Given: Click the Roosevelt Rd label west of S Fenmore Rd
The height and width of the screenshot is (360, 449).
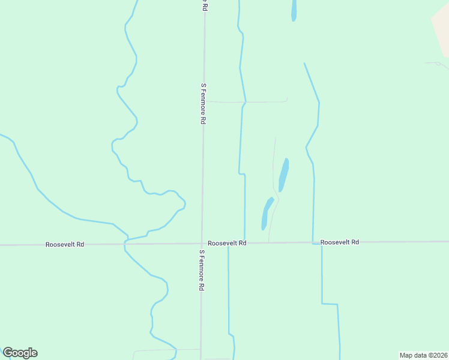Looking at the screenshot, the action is pyautogui.click(x=64, y=244).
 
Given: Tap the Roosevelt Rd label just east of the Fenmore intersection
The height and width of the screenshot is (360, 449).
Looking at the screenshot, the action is pyautogui.click(x=227, y=243).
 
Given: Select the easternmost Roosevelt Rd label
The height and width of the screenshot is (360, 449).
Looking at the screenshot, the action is pyautogui.click(x=339, y=242).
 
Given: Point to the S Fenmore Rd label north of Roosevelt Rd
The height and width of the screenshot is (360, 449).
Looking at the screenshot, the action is pyautogui.click(x=203, y=104).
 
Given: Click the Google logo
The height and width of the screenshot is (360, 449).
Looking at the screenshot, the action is pyautogui.click(x=20, y=353).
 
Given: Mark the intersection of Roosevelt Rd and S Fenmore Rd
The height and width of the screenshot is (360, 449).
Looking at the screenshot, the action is pyautogui.click(x=202, y=244).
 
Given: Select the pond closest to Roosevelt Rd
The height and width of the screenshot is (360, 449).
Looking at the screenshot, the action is pyautogui.click(x=267, y=214).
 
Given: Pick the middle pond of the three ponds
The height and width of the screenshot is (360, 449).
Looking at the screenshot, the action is pyautogui.click(x=283, y=175).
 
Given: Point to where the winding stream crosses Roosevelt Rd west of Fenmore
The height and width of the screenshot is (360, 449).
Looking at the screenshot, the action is pyautogui.click(x=125, y=244).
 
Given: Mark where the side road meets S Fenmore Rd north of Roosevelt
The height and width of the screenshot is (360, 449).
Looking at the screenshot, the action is pyautogui.click(x=203, y=101).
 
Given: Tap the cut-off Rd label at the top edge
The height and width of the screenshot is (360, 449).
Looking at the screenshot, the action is pyautogui.click(x=204, y=5).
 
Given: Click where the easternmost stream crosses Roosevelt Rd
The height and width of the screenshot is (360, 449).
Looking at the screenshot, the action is pyautogui.click(x=313, y=242).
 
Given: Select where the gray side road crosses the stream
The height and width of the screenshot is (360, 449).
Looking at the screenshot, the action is pyautogui.click(x=244, y=102).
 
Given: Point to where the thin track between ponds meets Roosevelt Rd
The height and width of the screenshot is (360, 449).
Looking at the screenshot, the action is pyautogui.click(x=268, y=242).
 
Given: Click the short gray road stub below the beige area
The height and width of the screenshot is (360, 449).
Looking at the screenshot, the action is pyautogui.click(x=436, y=63).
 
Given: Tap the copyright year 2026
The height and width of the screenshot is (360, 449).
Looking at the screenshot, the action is pyautogui.click(x=440, y=355).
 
